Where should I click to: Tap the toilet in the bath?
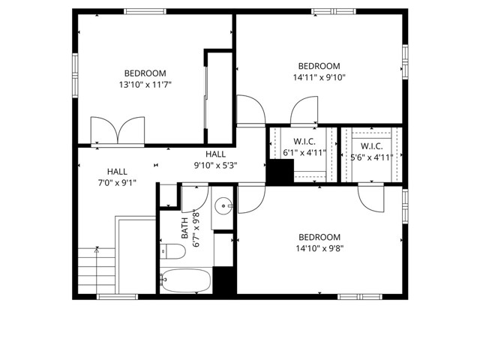coord(173,252)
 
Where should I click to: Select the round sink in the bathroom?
coord(223,206)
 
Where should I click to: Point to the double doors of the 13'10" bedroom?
coord(117,129)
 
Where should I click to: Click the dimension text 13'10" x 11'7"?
coord(145,85)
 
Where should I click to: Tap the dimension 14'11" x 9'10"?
coord(319,77)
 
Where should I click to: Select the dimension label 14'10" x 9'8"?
coord(319,249)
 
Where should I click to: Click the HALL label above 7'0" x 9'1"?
coord(117,171)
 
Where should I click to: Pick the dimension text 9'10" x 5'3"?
coord(215,166)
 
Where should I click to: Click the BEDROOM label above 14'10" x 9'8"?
coord(319,237)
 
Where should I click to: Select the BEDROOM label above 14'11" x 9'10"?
coord(319,65)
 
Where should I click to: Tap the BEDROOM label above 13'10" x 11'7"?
coord(145,73)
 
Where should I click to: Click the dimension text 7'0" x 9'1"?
coord(117,182)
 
